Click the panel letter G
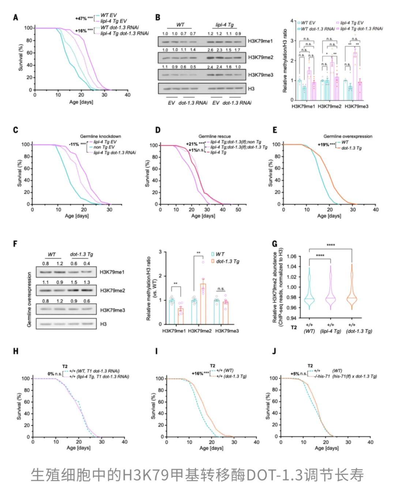(x=274, y=244)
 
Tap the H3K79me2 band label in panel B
(x=260, y=57)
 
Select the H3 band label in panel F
(x=104, y=324)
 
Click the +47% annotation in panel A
(x=81, y=18)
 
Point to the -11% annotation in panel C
(x=74, y=144)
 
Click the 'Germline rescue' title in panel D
(x=215, y=136)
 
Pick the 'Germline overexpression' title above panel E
(x=347, y=136)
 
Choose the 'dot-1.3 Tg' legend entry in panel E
(x=351, y=148)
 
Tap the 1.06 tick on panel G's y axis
(x=291, y=256)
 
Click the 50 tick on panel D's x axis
(x=238, y=210)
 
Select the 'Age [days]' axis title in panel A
(x=81, y=102)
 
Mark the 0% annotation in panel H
(x=51, y=374)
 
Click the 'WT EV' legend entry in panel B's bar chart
(x=308, y=23)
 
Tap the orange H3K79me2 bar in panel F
(x=203, y=304)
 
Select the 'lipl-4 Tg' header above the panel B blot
(x=224, y=25)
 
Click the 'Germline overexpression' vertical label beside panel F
(x=29, y=300)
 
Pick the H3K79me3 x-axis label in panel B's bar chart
(x=356, y=106)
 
